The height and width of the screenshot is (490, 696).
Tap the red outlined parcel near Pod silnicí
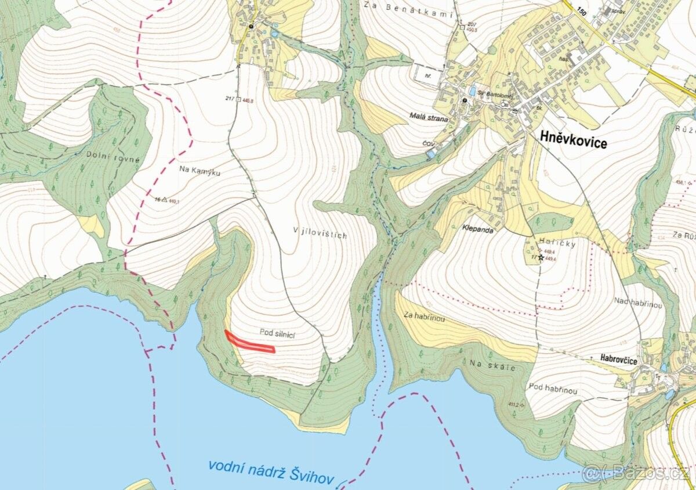(249, 343)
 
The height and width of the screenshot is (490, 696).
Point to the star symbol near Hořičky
(541, 257)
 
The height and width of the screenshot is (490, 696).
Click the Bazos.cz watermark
(636, 473)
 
